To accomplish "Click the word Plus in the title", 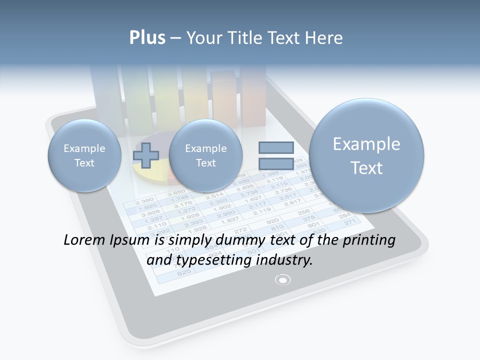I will tap(147, 37).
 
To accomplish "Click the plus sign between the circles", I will tap(146, 155).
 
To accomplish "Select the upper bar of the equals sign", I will tap(276, 147).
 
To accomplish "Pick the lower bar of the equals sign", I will tap(276, 163).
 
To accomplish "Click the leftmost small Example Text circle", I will tap(84, 155).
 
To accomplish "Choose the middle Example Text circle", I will tap(205, 155).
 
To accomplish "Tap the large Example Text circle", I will tap(366, 155).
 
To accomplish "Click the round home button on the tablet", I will tap(283, 279).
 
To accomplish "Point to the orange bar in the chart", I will tap(223, 97).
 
